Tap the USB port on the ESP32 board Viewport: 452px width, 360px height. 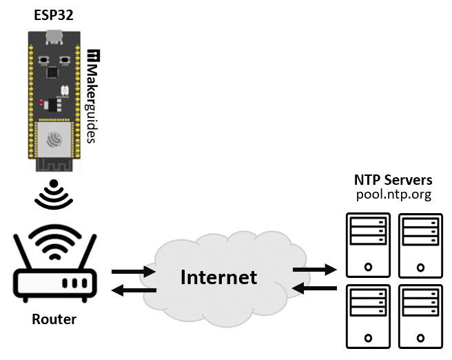(54, 37)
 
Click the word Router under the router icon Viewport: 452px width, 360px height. (54, 320)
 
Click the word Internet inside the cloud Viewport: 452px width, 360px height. (218, 278)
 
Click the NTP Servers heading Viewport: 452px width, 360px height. (393, 179)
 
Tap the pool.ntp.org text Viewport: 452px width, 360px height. (393, 194)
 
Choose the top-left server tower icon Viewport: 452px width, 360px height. (367, 243)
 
